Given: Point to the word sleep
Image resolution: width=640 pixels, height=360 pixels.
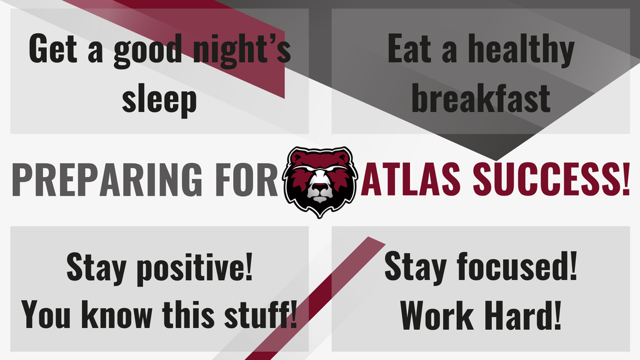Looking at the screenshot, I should click(x=159, y=99).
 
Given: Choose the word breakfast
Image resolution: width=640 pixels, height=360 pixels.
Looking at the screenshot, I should click(x=481, y=98).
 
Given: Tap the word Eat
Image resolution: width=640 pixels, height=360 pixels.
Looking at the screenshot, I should click(x=409, y=50).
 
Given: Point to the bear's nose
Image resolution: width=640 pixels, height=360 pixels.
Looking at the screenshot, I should click(x=320, y=187).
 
